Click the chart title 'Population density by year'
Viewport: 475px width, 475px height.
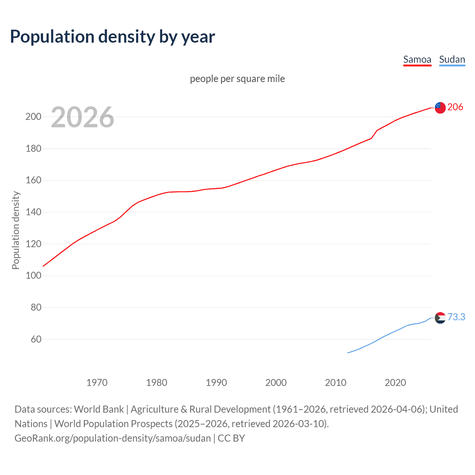(112, 37)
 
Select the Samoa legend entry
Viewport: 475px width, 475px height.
(417, 59)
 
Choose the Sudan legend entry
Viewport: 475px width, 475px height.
(452, 59)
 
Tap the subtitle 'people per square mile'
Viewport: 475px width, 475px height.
(237, 79)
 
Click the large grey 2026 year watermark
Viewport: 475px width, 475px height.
(82, 117)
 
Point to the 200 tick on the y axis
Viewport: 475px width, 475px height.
(33, 117)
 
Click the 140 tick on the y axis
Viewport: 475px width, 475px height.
(33, 212)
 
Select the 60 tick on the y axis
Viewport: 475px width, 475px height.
(36, 339)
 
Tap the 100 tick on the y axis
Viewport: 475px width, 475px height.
(33, 276)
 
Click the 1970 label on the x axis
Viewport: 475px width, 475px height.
(97, 383)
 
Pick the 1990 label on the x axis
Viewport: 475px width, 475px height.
(216, 383)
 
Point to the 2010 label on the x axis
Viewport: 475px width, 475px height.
(335, 383)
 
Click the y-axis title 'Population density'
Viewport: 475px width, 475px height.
(16, 230)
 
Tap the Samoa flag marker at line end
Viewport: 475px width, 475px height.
(440, 108)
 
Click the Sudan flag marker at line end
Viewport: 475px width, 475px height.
(440, 318)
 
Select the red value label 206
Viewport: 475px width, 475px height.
(455, 107)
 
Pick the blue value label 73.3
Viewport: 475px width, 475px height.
(456, 317)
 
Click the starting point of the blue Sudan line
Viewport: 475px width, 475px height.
(348, 353)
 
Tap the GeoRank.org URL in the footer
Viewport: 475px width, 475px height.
(113, 438)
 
